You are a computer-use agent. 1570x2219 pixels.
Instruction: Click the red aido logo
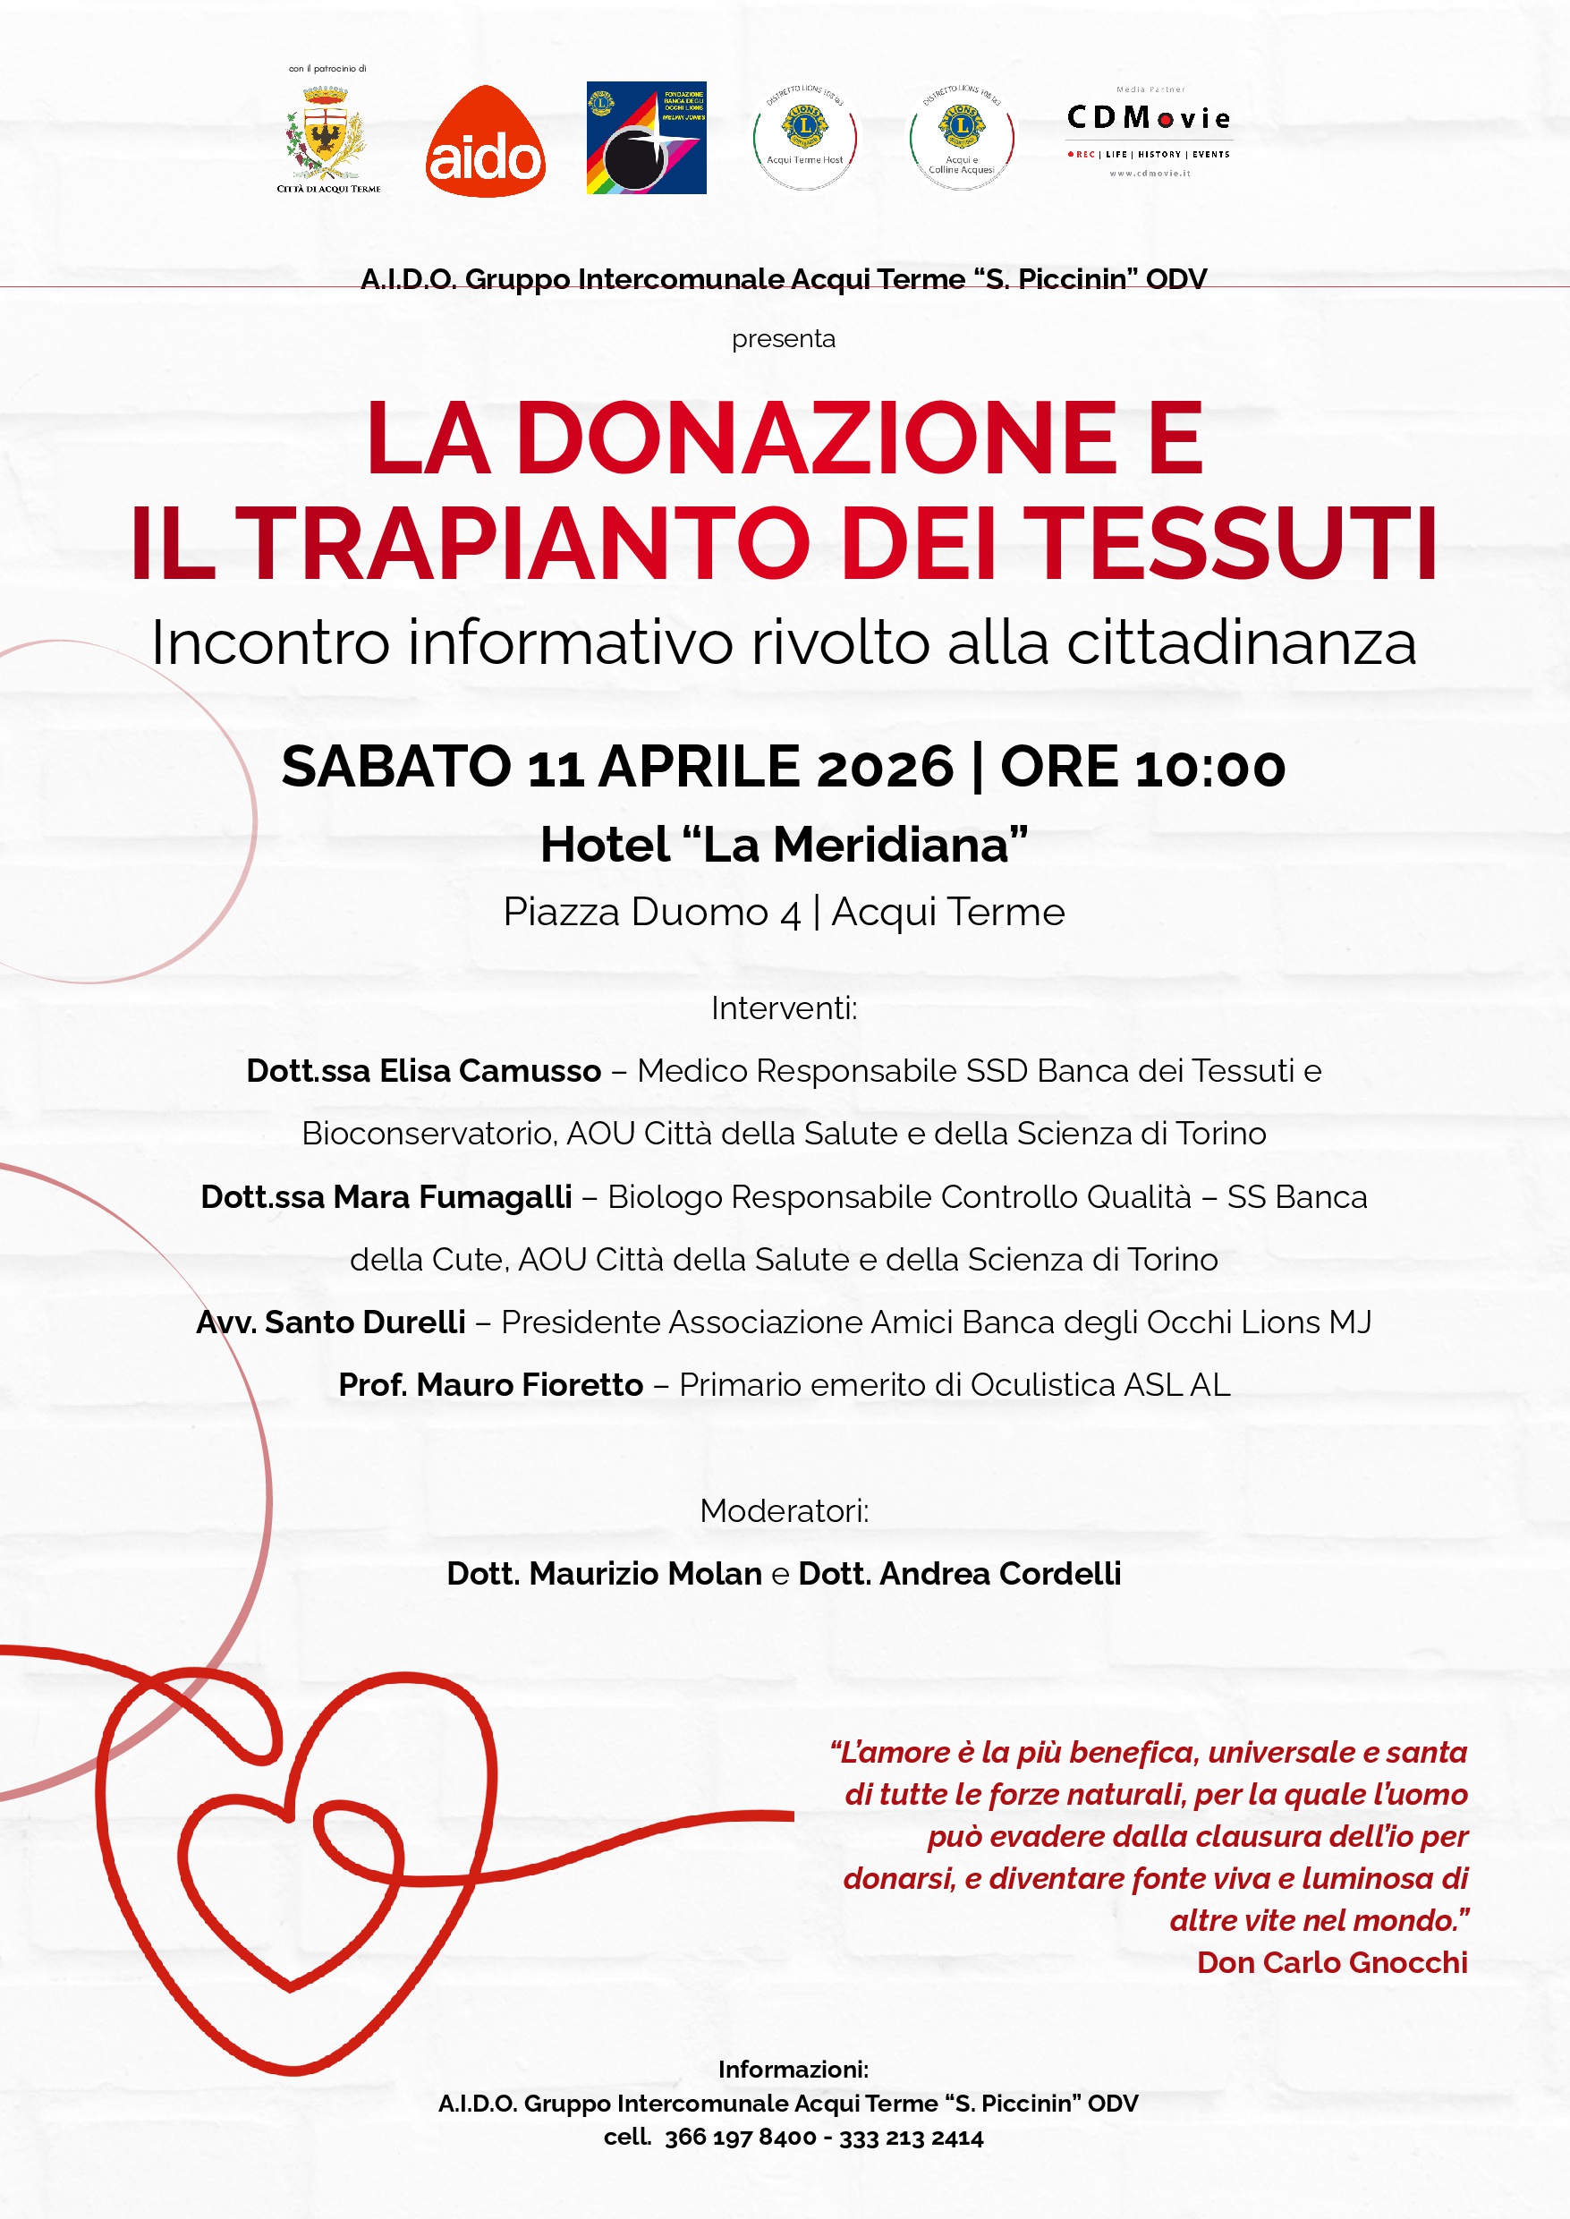tap(485, 142)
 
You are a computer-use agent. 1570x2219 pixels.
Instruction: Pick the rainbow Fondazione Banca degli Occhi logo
tap(646, 137)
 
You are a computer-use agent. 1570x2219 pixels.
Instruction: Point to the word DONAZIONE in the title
tap(817, 439)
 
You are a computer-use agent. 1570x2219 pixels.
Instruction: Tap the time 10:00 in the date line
tap(1210, 768)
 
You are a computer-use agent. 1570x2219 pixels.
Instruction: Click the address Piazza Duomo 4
tap(651, 912)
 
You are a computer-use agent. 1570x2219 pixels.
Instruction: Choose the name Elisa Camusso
tap(490, 1071)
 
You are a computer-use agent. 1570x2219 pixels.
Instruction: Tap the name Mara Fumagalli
tap(453, 1197)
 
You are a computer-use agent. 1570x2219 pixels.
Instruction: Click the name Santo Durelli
tap(364, 1322)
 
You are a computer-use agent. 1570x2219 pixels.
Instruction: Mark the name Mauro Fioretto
tap(530, 1384)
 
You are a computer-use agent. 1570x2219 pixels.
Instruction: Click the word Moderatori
tap(784, 1510)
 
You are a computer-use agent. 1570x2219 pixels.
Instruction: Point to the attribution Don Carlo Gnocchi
tap(1331, 1963)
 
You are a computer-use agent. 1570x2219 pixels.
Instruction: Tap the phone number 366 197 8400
tap(740, 2137)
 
